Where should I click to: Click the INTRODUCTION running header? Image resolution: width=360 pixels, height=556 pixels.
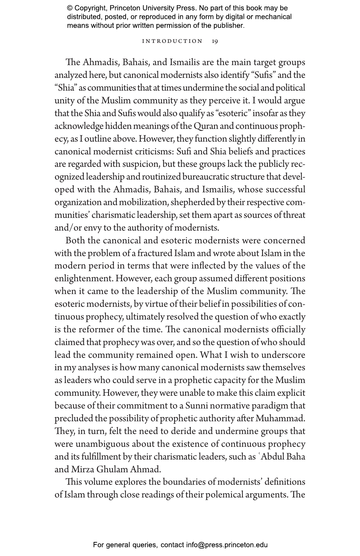click(x=172, y=41)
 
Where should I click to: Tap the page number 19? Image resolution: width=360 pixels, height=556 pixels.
click(x=215, y=41)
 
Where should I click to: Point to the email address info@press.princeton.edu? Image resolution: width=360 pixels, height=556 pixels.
click(x=227, y=545)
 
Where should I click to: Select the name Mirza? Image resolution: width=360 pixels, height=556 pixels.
click(x=82, y=470)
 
